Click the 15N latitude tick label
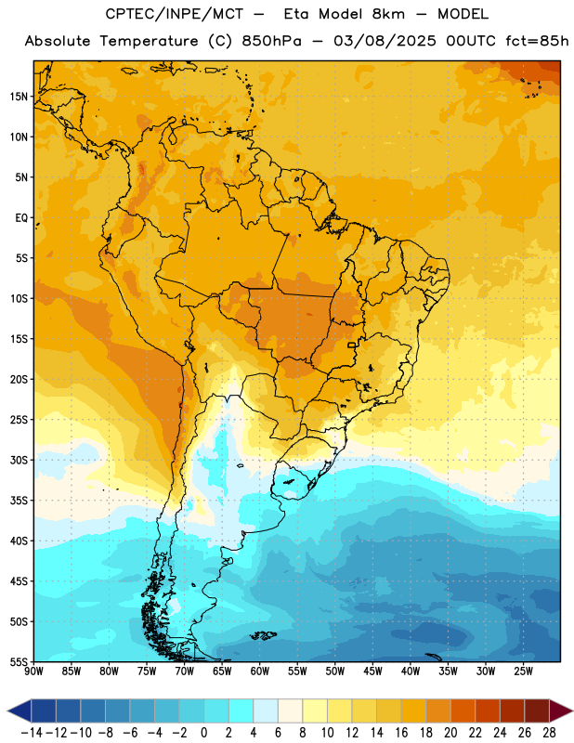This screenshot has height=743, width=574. (x=19, y=97)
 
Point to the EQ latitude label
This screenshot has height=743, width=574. (x=21, y=218)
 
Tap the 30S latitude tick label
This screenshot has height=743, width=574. (x=19, y=460)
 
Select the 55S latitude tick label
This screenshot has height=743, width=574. (x=19, y=662)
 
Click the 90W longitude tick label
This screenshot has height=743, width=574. (x=33, y=671)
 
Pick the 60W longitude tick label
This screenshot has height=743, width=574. (x=260, y=671)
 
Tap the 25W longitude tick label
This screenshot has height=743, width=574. (x=523, y=671)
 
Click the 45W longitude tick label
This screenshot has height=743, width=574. (x=372, y=671)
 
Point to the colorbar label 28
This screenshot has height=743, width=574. (x=549, y=733)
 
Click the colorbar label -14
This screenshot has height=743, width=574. (x=32, y=733)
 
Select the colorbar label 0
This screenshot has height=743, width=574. (x=203, y=733)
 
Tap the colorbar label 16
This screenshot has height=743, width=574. (x=401, y=733)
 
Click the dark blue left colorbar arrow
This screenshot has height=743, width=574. (x=20, y=710)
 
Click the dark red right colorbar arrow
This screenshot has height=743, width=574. (x=561, y=710)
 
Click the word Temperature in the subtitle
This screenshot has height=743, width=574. (x=149, y=41)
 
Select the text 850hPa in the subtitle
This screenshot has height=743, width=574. (x=271, y=41)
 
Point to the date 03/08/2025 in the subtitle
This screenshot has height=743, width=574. (x=385, y=41)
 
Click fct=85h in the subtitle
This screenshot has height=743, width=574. (x=537, y=41)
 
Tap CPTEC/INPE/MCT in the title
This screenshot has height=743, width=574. (x=175, y=14)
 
